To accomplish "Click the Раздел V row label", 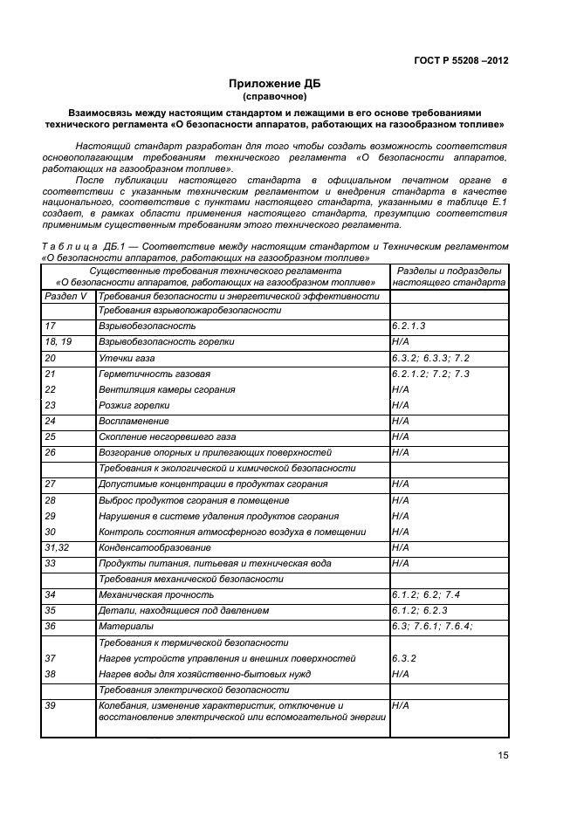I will coord(65,296).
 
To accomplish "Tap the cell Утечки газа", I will coord(126,358).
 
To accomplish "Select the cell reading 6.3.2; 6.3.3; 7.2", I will coord(431,358).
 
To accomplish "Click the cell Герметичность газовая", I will coord(155,374).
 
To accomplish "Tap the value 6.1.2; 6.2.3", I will coord(420,610).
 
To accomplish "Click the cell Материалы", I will coord(126,626).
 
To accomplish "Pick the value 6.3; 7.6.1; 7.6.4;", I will coord(432,626).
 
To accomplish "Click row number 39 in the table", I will coord(51,705).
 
